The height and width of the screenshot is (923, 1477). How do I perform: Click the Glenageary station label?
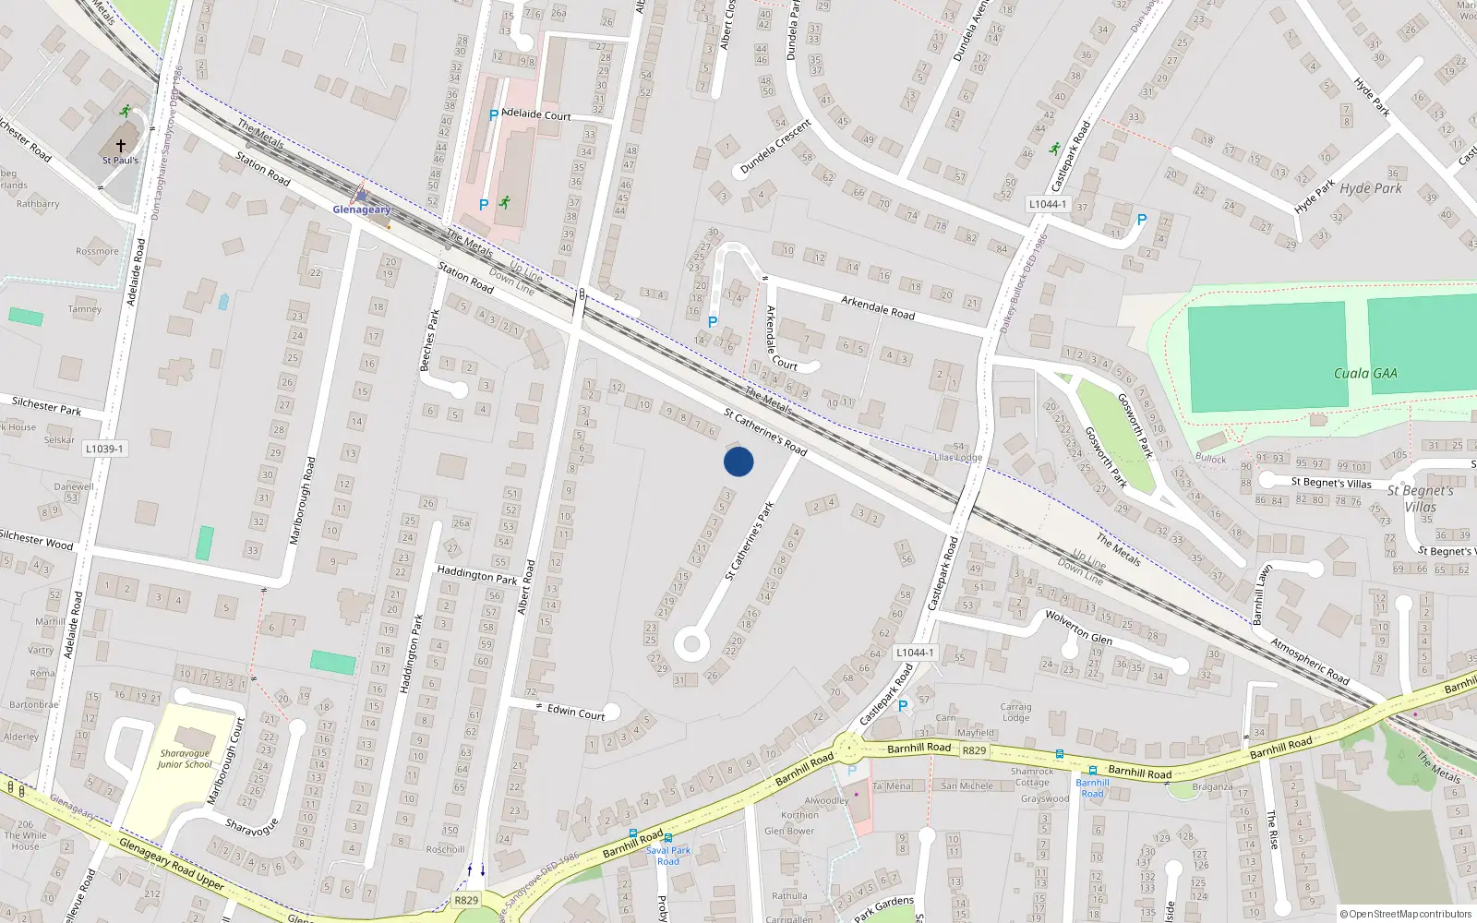click(362, 210)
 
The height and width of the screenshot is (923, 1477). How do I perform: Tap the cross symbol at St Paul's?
click(120, 146)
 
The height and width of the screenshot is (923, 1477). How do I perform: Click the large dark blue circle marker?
click(738, 461)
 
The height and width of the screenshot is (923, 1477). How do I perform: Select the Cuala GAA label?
click(1365, 374)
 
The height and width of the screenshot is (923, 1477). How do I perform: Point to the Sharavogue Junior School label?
click(185, 759)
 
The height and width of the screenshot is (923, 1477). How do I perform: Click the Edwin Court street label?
click(576, 712)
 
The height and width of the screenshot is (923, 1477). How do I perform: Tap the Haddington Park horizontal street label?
click(477, 575)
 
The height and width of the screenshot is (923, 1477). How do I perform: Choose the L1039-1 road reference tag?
click(104, 449)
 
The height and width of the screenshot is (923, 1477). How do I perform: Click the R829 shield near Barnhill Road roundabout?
click(974, 751)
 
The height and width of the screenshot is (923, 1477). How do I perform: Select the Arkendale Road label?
click(877, 307)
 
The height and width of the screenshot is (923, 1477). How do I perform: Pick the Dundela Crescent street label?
click(775, 147)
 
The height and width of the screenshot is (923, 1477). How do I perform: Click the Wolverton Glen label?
click(1078, 628)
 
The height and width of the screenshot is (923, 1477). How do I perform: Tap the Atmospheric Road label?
click(1310, 661)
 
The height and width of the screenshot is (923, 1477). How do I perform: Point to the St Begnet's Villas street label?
click(1331, 482)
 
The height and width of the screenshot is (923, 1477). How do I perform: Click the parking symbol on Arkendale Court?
click(713, 322)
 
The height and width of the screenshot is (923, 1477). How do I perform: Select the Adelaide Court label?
click(535, 114)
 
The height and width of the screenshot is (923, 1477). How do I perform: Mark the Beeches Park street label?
click(429, 340)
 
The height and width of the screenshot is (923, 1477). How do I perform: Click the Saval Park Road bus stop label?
click(668, 856)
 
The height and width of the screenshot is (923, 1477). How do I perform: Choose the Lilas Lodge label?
click(958, 457)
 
